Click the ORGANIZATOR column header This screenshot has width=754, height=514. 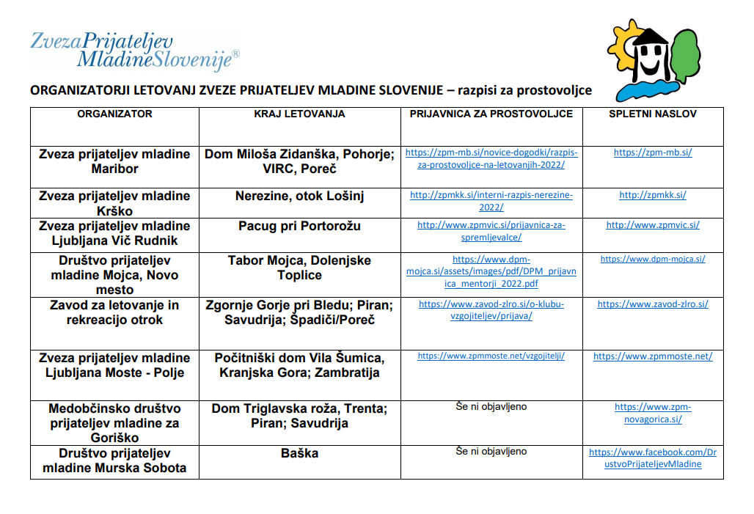click(x=114, y=114)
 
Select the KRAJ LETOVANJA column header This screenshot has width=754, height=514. click(x=299, y=114)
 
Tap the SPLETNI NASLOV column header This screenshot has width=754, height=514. click(x=652, y=114)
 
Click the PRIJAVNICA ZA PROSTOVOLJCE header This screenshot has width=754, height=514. click(x=491, y=114)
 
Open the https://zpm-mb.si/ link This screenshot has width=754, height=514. click(x=652, y=153)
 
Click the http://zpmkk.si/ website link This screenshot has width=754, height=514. click(x=652, y=195)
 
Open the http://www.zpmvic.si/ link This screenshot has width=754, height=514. click(x=652, y=225)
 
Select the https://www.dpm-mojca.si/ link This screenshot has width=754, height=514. click(x=652, y=259)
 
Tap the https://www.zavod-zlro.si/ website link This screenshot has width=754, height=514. click(x=652, y=304)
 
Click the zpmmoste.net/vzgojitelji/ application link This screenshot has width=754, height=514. click(x=491, y=356)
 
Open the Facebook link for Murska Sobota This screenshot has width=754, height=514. click(x=652, y=458)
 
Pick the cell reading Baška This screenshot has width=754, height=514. click(x=299, y=453)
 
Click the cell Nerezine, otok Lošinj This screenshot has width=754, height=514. click(x=299, y=196)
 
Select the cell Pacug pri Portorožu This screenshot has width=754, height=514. click(x=299, y=226)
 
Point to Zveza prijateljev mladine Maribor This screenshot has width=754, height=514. click(x=114, y=161)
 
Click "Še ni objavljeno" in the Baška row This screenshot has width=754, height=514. click(x=491, y=451)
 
